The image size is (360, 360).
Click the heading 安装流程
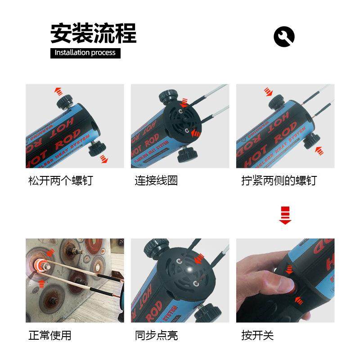(93, 33)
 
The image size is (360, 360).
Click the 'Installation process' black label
(85, 53)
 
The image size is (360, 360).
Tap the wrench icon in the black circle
(284, 36)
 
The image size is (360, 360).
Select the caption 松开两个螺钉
(60, 181)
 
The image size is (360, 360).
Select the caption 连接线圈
(156, 181)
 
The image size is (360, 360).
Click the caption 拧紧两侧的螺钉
(279, 181)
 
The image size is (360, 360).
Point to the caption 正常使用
(49, 335)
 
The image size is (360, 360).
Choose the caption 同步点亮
(156, 335)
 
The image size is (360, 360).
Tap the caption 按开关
(257, 335)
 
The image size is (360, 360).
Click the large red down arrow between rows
(285, 215)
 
